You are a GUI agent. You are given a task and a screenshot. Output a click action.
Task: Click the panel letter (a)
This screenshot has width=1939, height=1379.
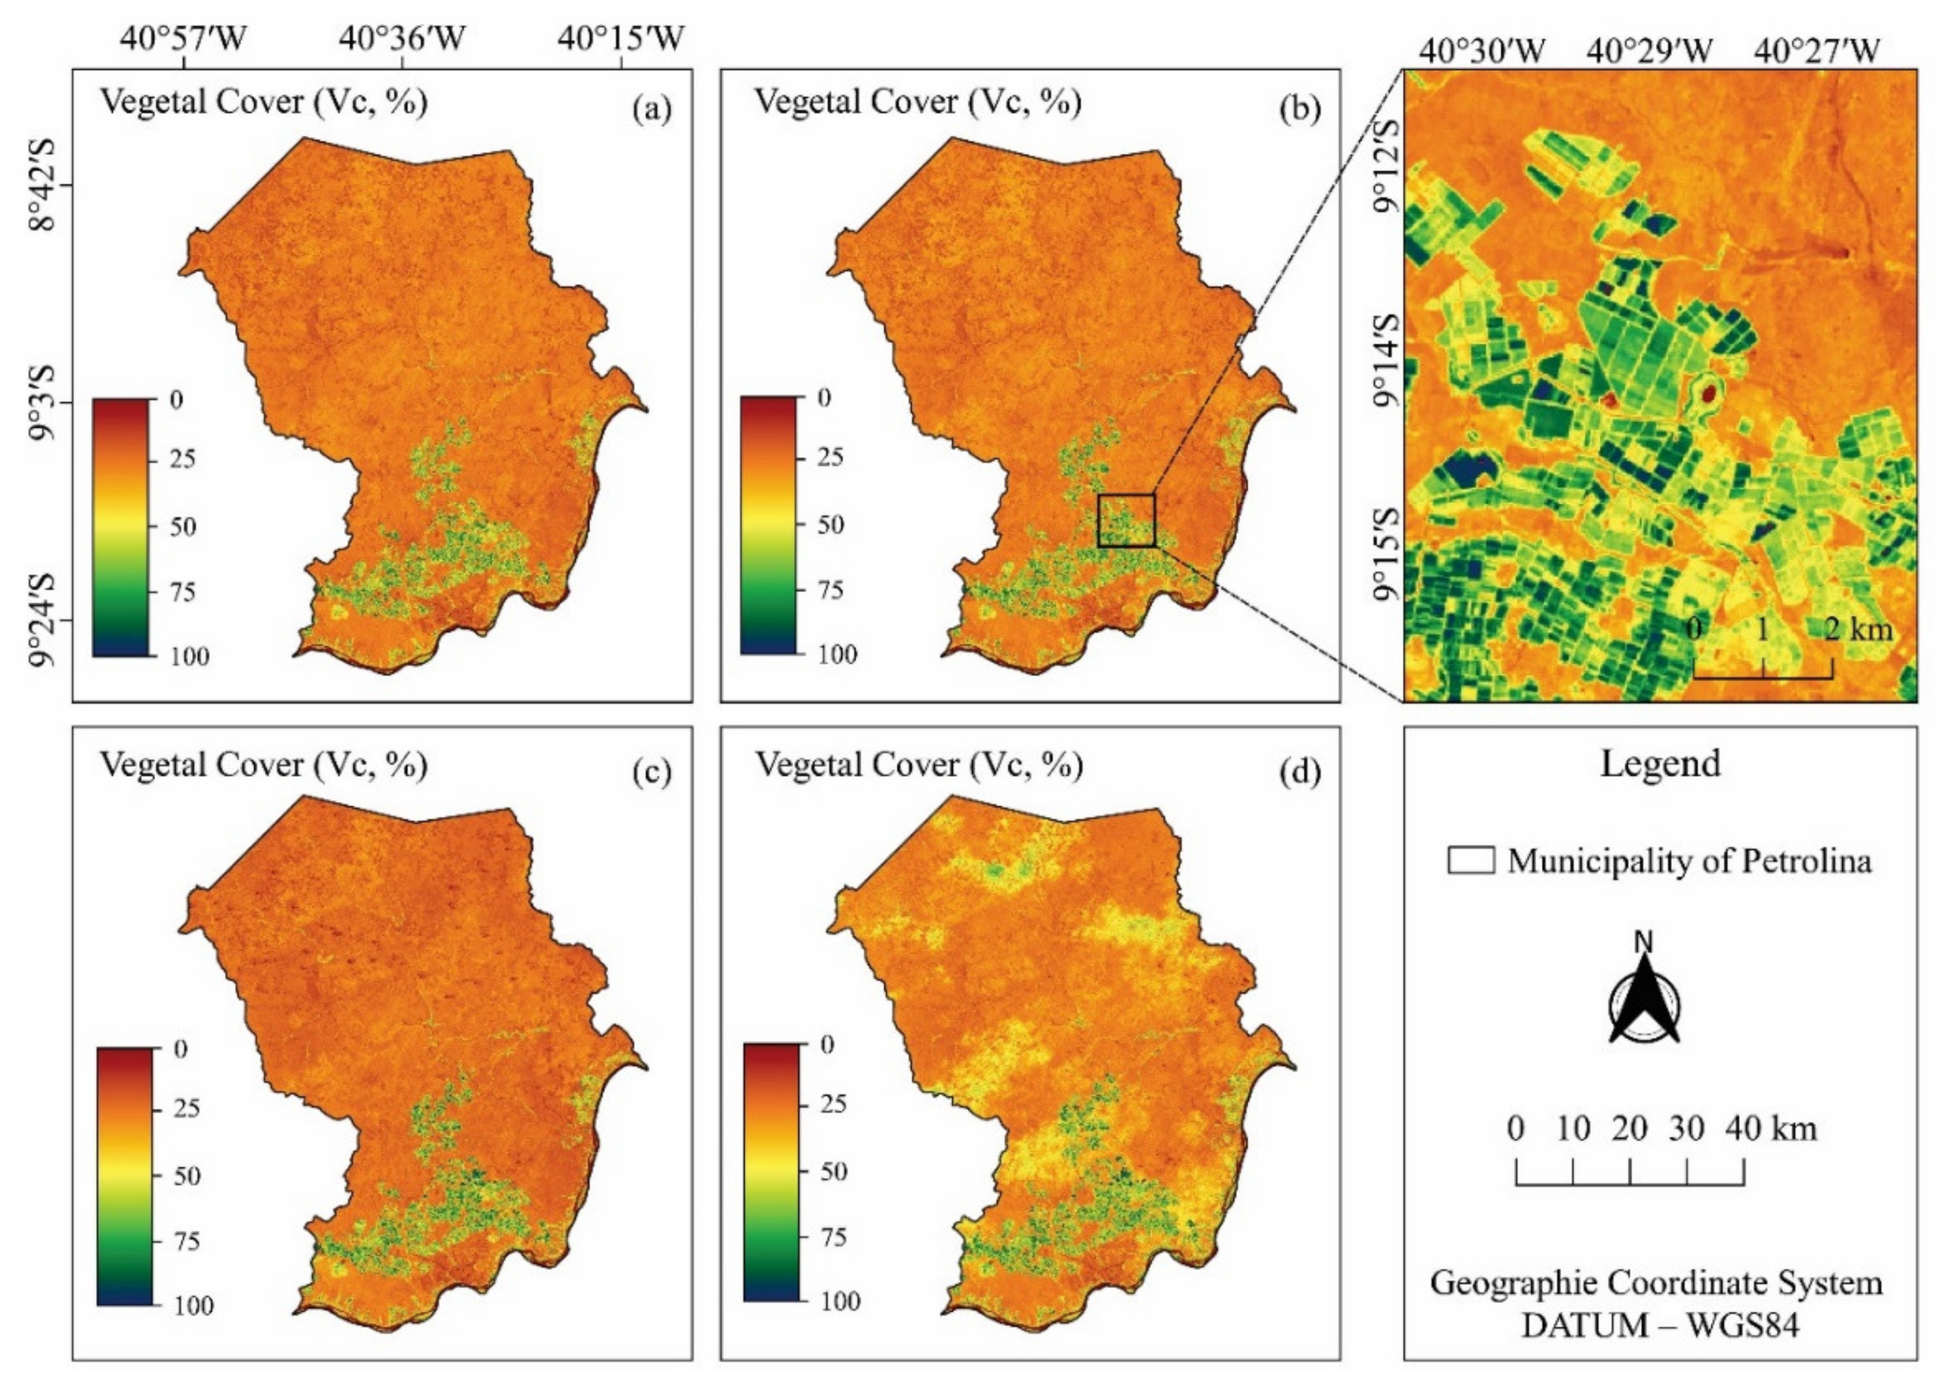[652, 110]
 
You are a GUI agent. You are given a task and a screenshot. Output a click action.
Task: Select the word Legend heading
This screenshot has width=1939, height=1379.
[1660, 763]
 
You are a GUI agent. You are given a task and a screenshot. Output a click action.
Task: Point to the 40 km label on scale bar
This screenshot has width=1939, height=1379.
[1771, 1129]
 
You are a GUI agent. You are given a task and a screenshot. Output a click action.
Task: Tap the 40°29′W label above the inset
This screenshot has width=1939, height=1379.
[1649, 51]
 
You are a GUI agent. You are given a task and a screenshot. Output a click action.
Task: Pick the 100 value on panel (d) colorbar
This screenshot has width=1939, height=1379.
[840, 1301]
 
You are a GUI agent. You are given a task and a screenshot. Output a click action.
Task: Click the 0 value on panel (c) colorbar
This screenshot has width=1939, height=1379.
[180, 1049]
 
